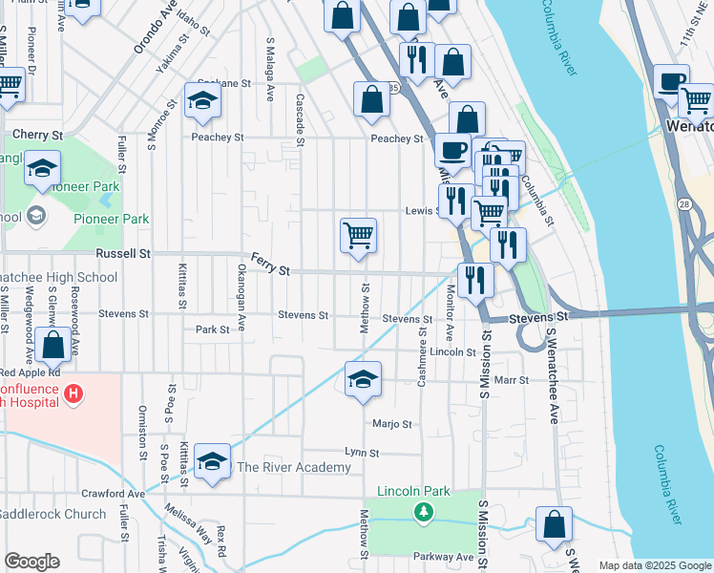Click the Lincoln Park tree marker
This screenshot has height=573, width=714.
[422, 513]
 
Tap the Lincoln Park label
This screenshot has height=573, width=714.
[413, 491]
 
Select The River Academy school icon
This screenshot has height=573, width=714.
[212, 461]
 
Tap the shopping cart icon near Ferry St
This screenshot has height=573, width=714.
[358, 234]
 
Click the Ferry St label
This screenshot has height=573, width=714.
[270, 265]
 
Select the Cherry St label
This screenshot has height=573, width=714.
[38, 135]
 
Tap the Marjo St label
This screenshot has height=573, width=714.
[391, 424]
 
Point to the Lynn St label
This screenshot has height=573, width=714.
[362, 453]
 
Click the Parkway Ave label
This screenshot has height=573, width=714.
[444, 557]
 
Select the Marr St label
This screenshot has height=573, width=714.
[512, 380]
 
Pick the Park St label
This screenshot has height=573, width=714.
[212, 329]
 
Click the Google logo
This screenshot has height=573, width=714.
[31, 562]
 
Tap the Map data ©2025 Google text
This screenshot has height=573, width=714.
[654, 565]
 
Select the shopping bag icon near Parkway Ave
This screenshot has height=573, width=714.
[554, 524]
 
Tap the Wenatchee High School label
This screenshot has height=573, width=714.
[58, 278]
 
